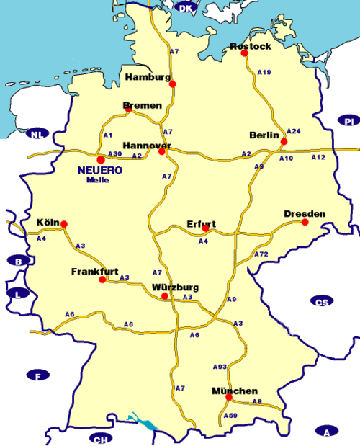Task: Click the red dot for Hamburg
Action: point(172,84)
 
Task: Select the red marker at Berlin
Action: point(284,142)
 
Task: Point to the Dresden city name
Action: point(305,213)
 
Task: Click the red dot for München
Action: point(228,397)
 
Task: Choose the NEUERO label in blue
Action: point(99,170)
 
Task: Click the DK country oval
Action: point(186,8)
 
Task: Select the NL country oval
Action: point(35,134)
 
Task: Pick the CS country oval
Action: point(321,300)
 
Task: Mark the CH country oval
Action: point(99,438)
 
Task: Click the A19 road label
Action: point(264,72)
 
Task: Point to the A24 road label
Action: point(293,131)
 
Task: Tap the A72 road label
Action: point(261,254)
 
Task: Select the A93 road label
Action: point(220,367)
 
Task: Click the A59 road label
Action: point(230,416)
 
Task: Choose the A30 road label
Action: point(114,154)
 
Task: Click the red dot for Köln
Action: point(63,224)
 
